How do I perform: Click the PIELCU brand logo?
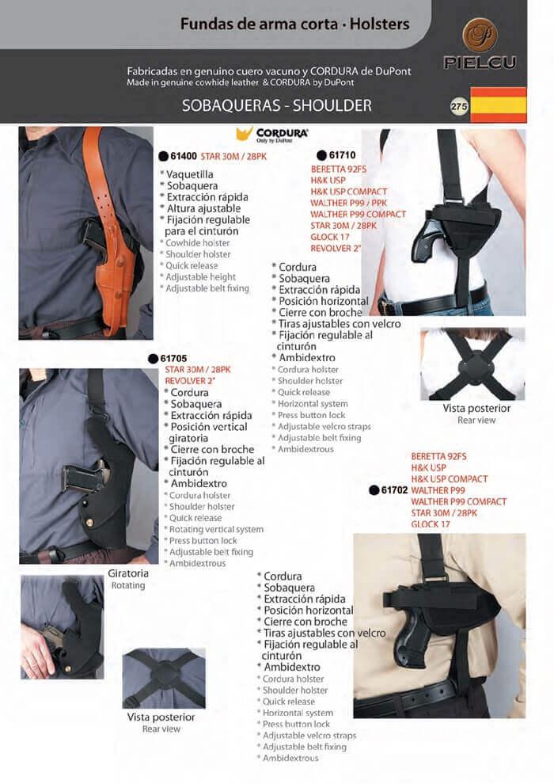(480, 44)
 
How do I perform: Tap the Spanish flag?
(499, 105)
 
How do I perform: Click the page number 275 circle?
(458, 106)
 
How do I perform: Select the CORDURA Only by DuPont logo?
(272, 135)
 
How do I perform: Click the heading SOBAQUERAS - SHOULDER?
(277, 105)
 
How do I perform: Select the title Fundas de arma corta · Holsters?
(294, 24)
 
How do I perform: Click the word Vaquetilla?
(190, 174)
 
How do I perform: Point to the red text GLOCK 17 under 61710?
(330, 237)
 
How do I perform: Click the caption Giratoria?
(128, 573)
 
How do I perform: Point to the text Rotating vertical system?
(216, 530)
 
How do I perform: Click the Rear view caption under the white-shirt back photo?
(476, 421)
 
